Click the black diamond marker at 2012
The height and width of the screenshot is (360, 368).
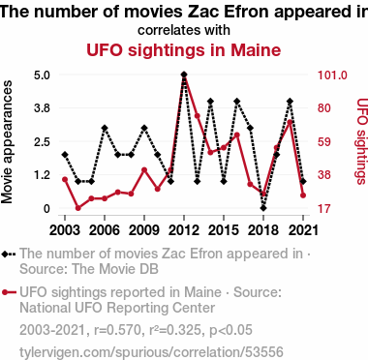(x=184, y=75)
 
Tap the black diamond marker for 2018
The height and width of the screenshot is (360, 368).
(x=263, y=208)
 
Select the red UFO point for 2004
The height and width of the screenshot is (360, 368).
(x=78, y=208)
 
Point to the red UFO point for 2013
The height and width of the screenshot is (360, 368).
(x=198, y=116)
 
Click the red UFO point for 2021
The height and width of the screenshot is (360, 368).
(x=303, y=195)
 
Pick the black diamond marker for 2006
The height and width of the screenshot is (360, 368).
(x=105, y=128)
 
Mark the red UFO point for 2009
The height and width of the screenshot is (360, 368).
(x=144, y=170)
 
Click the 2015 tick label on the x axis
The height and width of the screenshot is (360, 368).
(x=224, y=230)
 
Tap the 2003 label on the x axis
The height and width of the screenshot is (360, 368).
(x=65, y=230)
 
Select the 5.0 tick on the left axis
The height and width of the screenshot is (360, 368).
(x=42, y=75)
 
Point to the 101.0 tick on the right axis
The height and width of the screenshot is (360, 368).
(x=332, y=75)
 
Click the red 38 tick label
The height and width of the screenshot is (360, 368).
(x=324, y=175)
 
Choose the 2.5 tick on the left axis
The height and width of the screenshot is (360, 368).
(x=42, y=142)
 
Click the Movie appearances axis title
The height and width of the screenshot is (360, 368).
(x=7, y=142)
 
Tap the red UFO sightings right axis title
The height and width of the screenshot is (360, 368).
(x=362, y=141)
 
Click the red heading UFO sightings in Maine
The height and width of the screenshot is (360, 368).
(x=184, y=50)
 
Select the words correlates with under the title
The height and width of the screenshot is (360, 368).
(x=184, y=30)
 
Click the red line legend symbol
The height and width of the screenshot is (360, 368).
(x=9, y=292)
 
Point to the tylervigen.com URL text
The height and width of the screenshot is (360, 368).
(x=151, y=352)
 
